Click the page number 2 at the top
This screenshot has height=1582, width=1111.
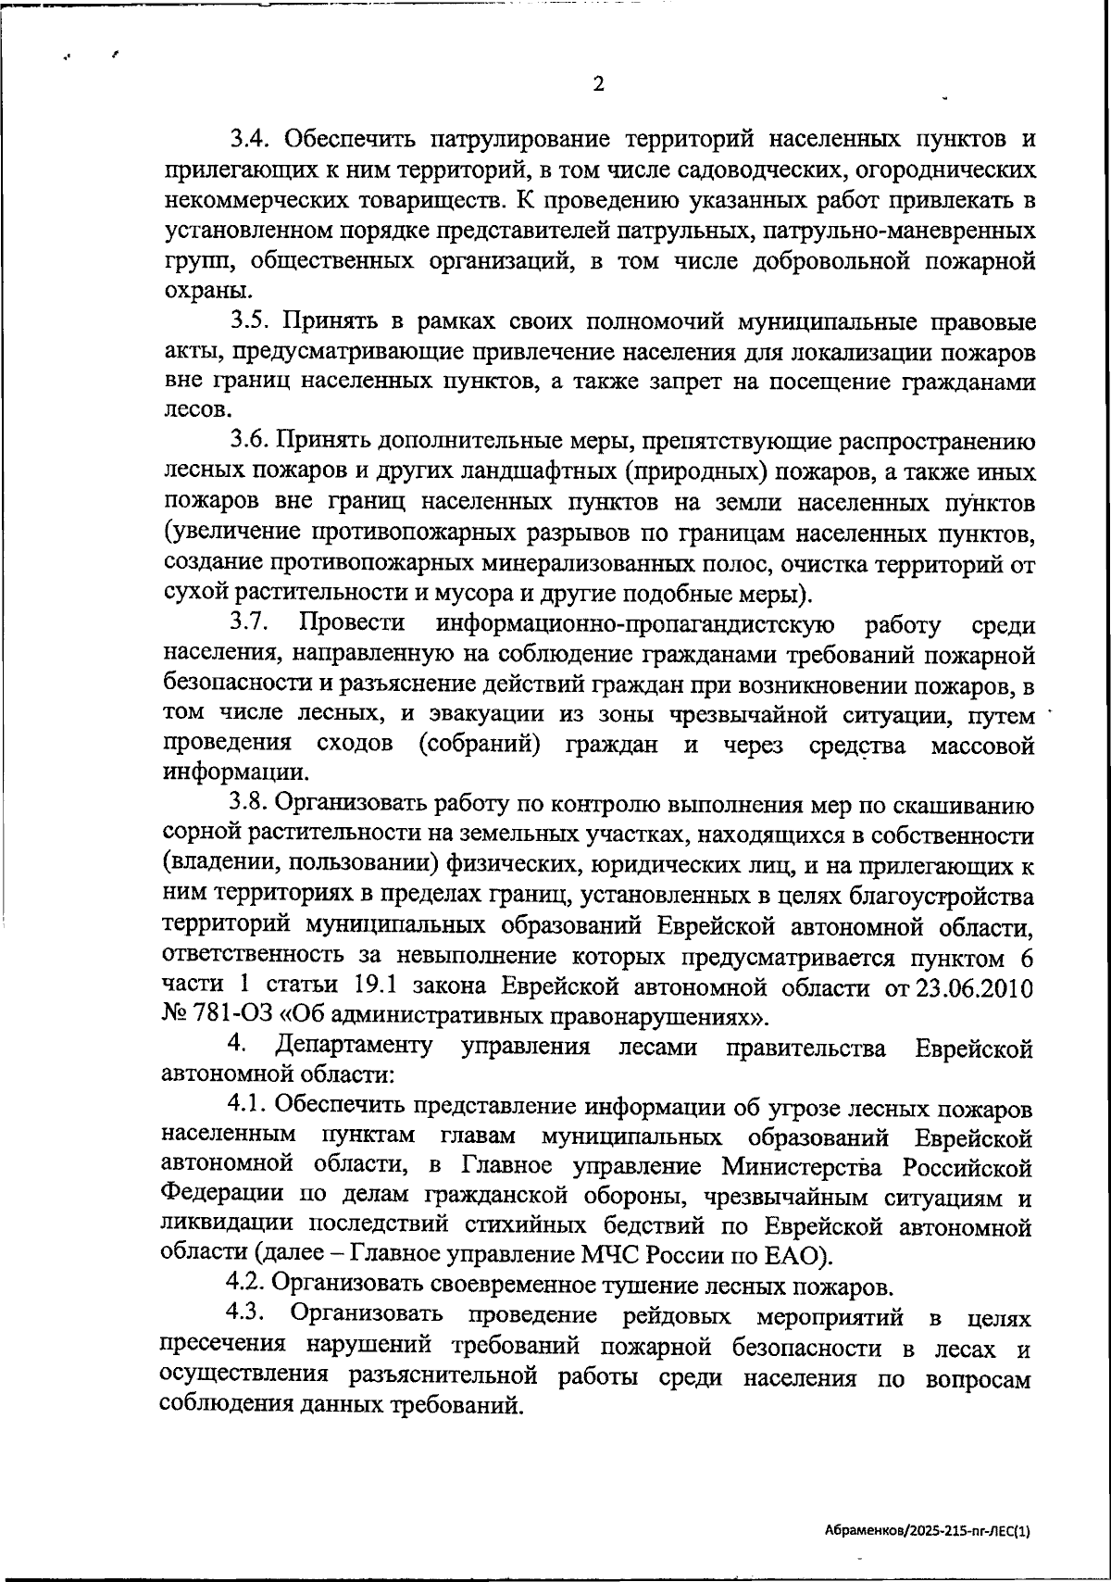click(x=598, y=84)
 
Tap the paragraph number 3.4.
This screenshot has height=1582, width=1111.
click(x=250, y=140)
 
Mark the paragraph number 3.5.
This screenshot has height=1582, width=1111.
click(x=250, y=322)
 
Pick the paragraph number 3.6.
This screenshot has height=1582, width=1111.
click(x=250, y=443)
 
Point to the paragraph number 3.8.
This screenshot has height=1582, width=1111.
click(x=250, y=805)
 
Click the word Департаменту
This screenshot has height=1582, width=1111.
click(x=355, y=1047)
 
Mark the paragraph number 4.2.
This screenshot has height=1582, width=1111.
click(x=247, y=1286)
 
